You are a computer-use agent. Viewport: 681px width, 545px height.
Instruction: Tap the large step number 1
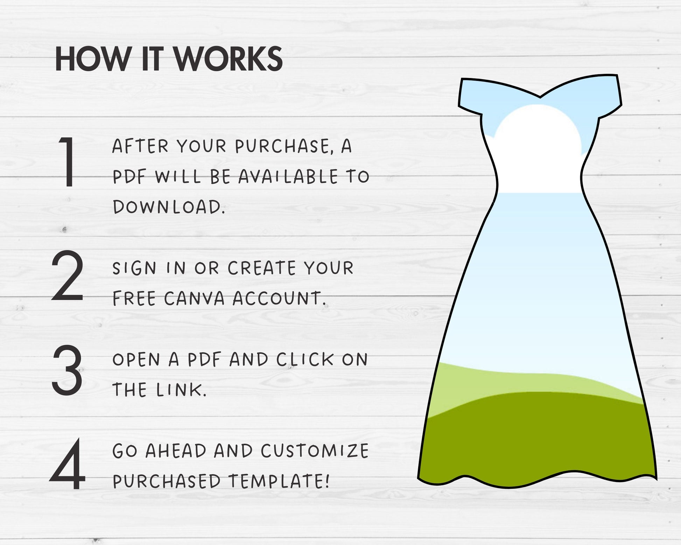click(67, 162)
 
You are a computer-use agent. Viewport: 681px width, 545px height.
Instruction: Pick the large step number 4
click(67, 464)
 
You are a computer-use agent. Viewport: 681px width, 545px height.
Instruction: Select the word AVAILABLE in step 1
click(288, 176)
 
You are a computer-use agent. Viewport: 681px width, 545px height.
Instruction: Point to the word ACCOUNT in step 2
click(279, 298)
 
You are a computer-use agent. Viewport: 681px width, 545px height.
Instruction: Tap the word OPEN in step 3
click(136, 359)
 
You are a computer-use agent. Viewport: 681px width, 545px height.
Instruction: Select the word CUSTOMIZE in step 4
click(315, 450)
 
